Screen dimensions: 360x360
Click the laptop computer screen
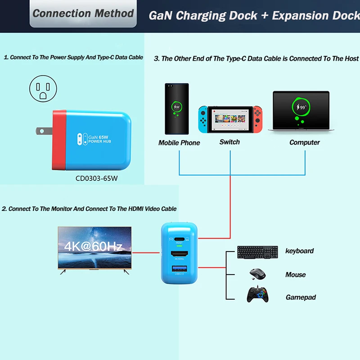301,109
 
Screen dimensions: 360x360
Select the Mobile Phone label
179,143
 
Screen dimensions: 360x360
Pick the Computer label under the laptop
305,142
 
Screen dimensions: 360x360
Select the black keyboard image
257,252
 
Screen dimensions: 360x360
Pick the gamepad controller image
257,295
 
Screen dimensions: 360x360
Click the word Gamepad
301,297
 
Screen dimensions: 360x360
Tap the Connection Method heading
83,13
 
